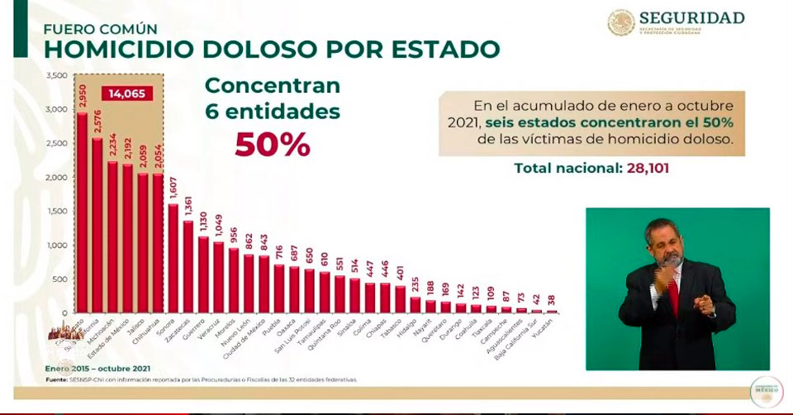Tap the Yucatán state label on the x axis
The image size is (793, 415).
pyautogui.click(x=563, y=330)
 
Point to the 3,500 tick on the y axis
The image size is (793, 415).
pyautogui.click(x=57, y=75)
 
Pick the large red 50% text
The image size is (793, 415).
pyautogui.click(x=273, y=144)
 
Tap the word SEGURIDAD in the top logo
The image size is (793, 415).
pyautogui.click(x=691, y=17)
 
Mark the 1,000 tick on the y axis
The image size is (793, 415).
pyautogui.click(x=57, y=246)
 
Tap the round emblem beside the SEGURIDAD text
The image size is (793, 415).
pyautogui.click(x=621, y=22)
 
